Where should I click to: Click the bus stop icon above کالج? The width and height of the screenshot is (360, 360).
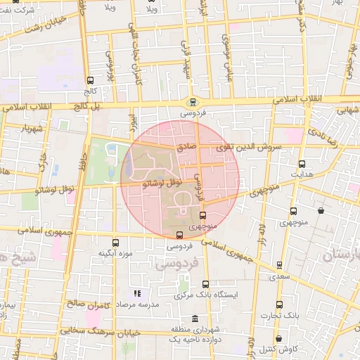pyautogui.click(x=89, y=80)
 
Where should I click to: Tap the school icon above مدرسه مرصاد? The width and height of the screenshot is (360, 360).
pyautogui.click(x=136, y=293)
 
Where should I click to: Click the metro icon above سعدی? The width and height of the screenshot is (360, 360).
pyautogui.click(x=280, y=265)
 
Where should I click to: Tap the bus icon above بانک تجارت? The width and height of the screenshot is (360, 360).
pyautogui.click(x=280, y=304)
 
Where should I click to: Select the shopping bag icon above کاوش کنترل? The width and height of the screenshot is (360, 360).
pyautogui.click(x=292, y=339)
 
